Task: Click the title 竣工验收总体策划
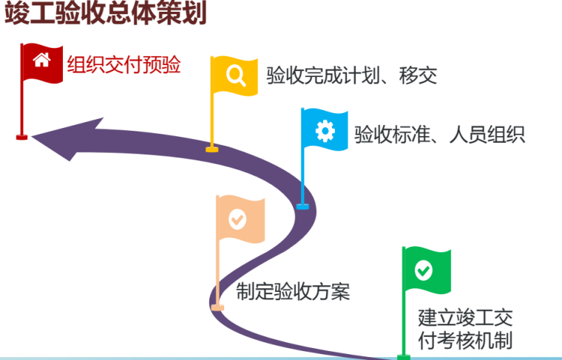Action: point(105,13)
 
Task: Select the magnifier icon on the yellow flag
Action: point(236,75)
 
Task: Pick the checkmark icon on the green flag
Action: point(424,271)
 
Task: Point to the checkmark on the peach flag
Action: point(237,220)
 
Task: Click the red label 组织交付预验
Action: point(124,66)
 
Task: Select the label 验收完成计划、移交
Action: point(351,75)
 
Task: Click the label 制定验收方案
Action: point(293,292)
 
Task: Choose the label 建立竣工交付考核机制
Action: point(465,329)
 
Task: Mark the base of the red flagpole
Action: point(21,137)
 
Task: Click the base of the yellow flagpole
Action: point(212,149)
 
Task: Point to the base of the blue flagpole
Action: point(302,206)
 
